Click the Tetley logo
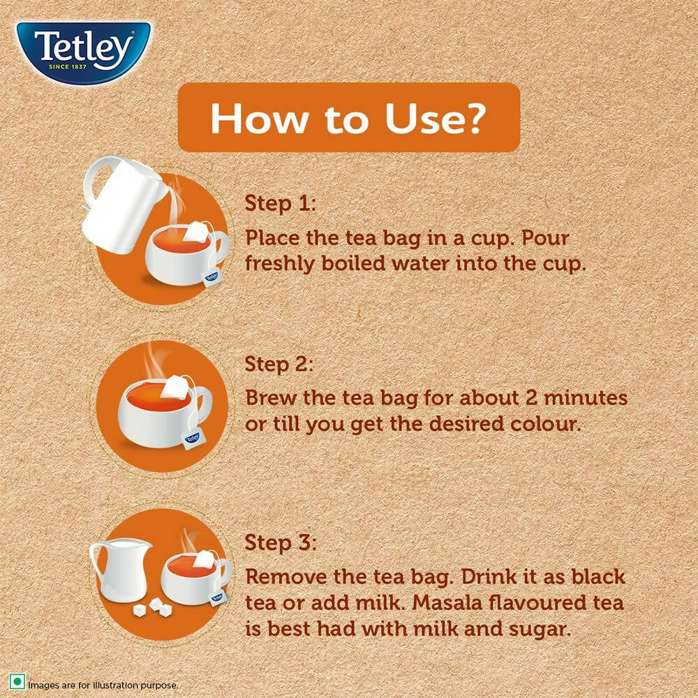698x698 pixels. (x=84, y=52)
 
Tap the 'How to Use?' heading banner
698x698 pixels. (x=348, y=117)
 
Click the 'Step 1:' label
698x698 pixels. (x=280, y=204)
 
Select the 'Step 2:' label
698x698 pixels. (x=280, y=364)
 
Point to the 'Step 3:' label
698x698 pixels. (x=280, y=542)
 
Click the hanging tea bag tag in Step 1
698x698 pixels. (x=211, y=277)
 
